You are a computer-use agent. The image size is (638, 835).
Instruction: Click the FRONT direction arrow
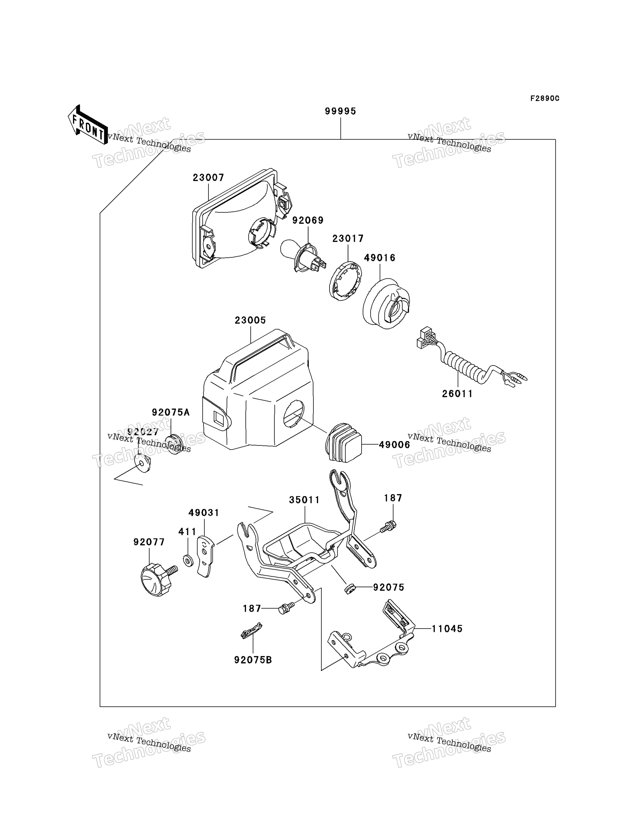tap(87, 125)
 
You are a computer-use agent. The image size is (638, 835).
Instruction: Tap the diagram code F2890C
tap(545, 98)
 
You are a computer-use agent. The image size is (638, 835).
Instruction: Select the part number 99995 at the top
tap(340, 111)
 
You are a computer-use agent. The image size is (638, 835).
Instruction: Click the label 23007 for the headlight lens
tap(208, 177)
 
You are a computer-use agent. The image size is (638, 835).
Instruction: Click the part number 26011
tap(457, 394)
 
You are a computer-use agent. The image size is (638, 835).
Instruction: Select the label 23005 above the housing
tap(250, 320)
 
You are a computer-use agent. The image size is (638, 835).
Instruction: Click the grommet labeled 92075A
tap(174, 444)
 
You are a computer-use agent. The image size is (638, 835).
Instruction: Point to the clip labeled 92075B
tap(252, 631)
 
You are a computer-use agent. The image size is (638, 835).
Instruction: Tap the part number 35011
tap(304, 500)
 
